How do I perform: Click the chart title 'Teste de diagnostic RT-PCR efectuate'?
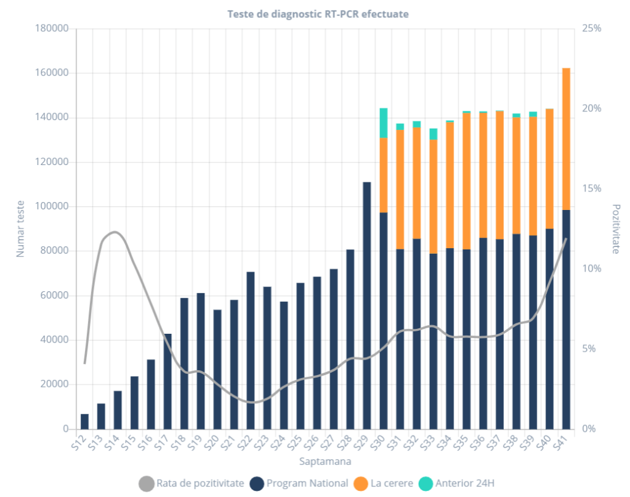(x=317, y=14)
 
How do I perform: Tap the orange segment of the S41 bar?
(x=566, y=139)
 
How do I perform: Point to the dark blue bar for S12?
(x=84, y=422)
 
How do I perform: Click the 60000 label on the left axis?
(x=54, y=296)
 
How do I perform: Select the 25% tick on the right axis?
(x=592, y=29)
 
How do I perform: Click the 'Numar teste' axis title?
(x=20, y=228)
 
